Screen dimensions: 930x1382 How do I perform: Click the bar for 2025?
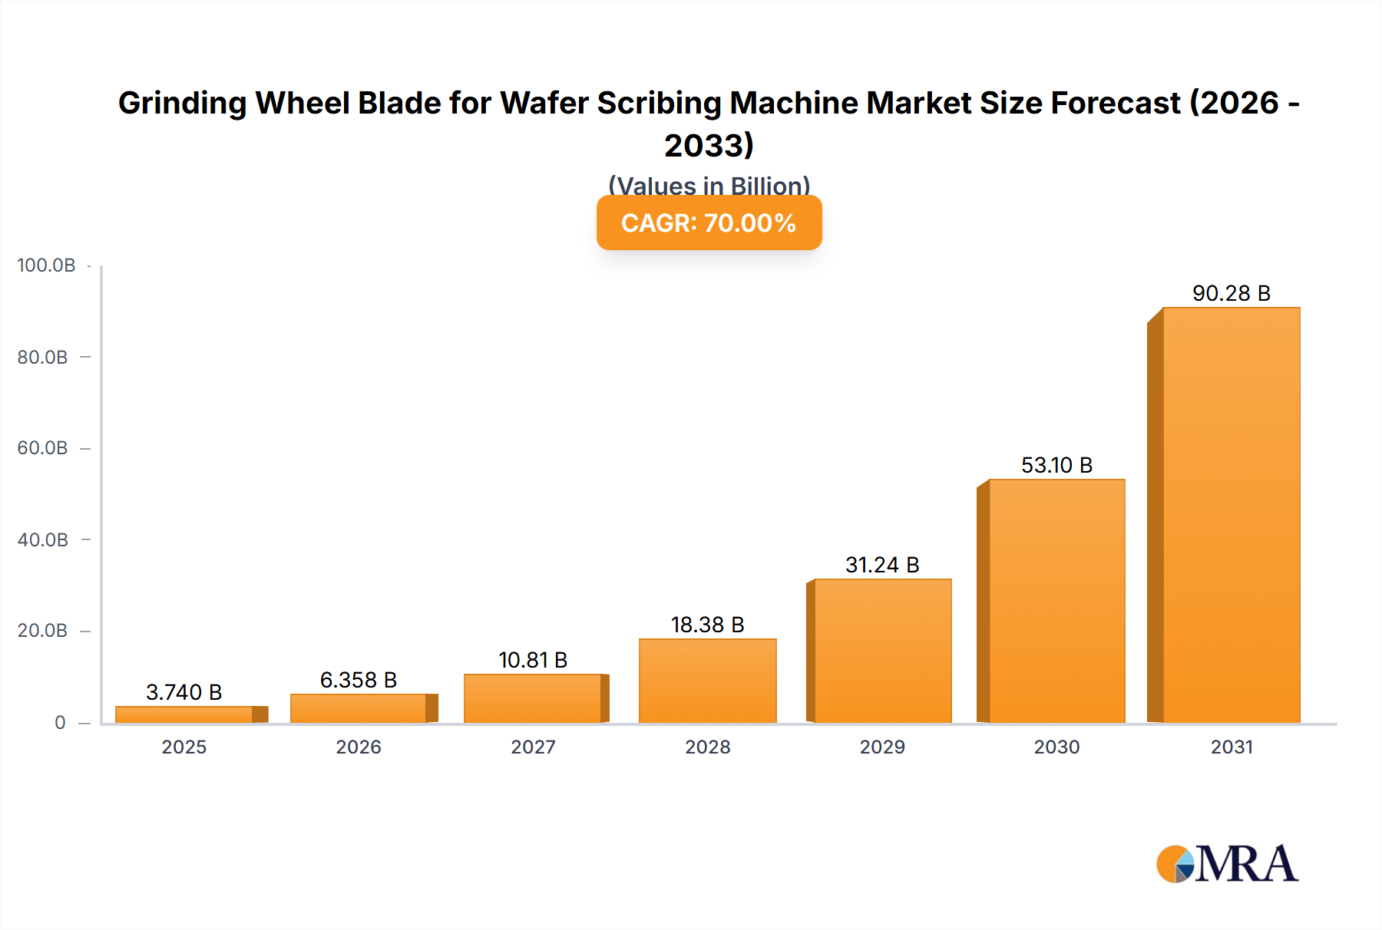[184, 714]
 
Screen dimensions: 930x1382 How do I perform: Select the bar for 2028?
[707, 681]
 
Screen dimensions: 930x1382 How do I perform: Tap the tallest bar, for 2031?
[1231, 515]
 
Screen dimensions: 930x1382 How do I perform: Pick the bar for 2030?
[1056, 601]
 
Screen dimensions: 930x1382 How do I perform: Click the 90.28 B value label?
[1231, 293]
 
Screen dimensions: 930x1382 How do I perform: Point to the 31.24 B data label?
[882, 565]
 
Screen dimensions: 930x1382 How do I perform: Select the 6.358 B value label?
[358, 680]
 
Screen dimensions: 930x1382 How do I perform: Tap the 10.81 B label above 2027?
[532, 660]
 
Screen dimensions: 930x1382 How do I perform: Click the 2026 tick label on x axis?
[358, 747]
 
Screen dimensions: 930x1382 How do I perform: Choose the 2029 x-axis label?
[882, 747]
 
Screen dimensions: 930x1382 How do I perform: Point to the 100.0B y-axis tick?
[46, 265]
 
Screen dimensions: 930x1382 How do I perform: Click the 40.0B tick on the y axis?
[42, 539]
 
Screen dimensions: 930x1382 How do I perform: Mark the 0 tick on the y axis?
[60, 722]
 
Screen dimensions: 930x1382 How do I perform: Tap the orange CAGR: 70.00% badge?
[709, 223]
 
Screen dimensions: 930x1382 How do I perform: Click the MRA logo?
[1227, 864]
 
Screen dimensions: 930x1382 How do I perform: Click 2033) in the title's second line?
[709, 145]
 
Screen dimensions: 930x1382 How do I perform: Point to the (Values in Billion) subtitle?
[709, 185]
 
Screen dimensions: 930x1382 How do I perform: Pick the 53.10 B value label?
[1056, 465]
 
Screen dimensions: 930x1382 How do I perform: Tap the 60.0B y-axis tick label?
[42, 448]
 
